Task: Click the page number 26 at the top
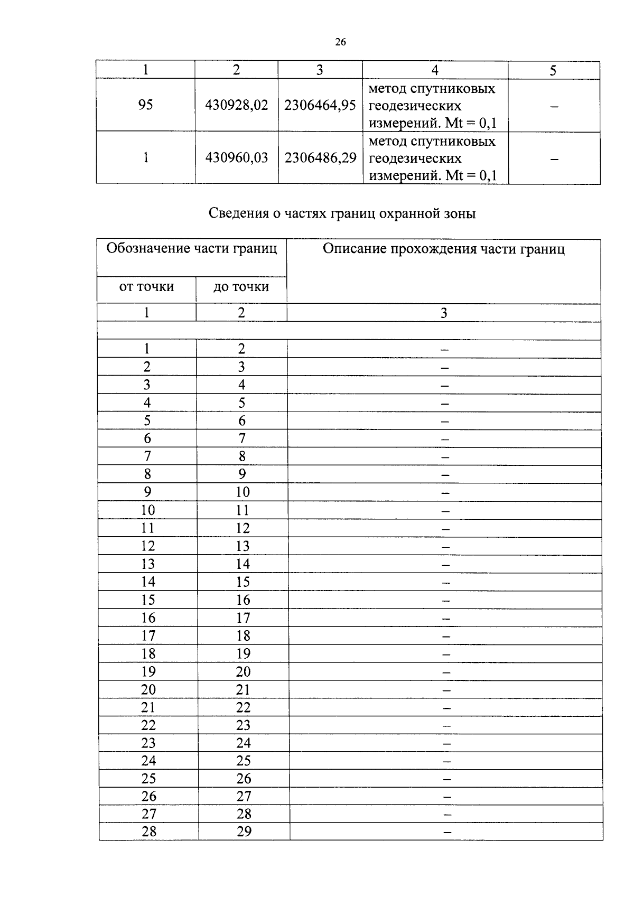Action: click(340, 42)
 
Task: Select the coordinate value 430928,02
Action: click(237, 105)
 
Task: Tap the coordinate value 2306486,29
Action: click(320, 158)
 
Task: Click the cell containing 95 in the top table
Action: click(145, 105)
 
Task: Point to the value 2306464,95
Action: click(320, 105)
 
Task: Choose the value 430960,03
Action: click(237, 158)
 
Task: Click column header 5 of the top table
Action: click(553, 71)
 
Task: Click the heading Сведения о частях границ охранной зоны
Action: click(342, 213)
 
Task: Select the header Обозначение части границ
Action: click(192, 248)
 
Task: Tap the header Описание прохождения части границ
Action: click(443, 249)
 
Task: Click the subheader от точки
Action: click(146, 287)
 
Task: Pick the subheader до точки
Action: click(241, 287)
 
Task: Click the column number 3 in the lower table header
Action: click(444, 313)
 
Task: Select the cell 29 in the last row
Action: click(244, 831)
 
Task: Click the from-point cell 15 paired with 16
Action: click(148, 600)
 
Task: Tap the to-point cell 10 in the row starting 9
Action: click(243, 492)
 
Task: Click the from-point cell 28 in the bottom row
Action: click(149, 831)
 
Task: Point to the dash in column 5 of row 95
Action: click(554, 107)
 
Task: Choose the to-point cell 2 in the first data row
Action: click(241, 349)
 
